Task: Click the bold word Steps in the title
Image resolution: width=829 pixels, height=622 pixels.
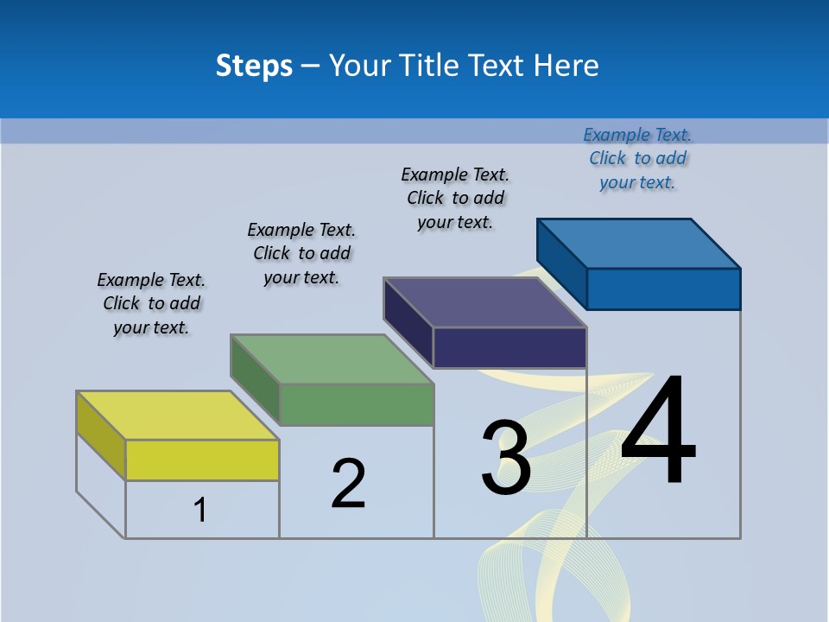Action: (254, 66)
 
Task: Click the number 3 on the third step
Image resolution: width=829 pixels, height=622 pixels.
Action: (506, 459)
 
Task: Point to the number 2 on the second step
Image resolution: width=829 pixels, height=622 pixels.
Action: (349, 483)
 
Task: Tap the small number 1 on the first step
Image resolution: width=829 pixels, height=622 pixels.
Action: (200, 510)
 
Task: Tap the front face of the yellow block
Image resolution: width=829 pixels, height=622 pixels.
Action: (202, 460)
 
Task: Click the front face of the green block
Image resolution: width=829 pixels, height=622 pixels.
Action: (357, 404)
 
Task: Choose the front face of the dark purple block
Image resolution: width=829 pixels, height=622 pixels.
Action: (509, 347)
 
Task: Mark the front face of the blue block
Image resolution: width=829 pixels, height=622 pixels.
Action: (663, 289)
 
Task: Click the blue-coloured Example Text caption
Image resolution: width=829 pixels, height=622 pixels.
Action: (637, 158)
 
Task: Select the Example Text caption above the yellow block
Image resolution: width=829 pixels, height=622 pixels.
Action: (151, 303)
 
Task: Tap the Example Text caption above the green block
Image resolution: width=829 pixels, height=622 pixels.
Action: (301, 253)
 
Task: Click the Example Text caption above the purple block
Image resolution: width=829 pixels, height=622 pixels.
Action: (455, 198)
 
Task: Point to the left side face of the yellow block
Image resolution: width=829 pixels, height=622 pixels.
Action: (101, 435)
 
